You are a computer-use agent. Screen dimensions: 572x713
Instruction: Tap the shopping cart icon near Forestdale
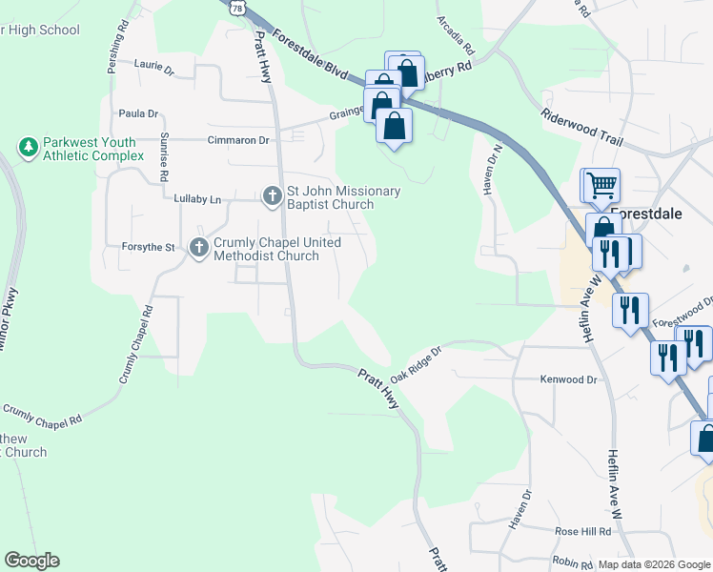tap(601, 185)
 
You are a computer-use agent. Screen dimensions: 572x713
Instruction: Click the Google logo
tap(31, 561)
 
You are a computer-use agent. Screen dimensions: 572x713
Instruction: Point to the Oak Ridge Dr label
tap(417, 365)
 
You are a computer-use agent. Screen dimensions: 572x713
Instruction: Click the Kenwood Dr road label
tap(568, 379)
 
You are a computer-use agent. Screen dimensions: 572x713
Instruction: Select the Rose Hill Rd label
tap(582, 531)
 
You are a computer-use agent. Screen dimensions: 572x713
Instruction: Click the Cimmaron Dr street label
tap(238, 140)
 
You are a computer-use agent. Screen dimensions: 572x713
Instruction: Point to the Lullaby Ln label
tap(197, 199)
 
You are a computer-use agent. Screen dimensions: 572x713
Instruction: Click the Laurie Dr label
tap(155, 70)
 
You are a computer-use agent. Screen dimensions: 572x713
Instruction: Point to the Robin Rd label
tap(572, 562)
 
